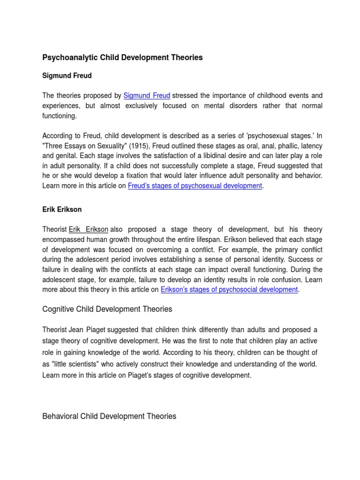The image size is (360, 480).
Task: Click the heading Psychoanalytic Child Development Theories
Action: [122, 58]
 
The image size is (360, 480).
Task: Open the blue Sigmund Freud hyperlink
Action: [147, 96]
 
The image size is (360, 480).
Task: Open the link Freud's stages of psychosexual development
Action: [195, 186]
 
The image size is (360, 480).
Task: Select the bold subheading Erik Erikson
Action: [62, 210]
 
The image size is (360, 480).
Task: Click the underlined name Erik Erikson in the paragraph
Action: [89, 230]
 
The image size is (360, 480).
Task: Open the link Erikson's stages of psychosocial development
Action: [229, 290]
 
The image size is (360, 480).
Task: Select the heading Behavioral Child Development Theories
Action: [109, 416]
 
